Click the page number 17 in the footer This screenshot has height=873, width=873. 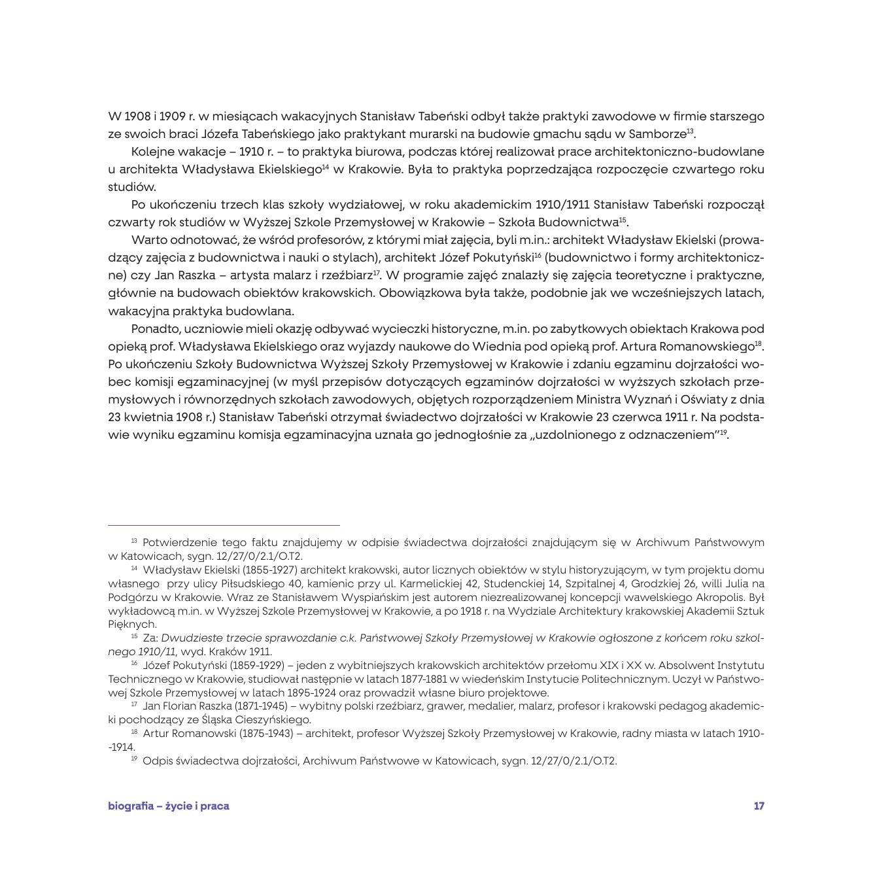point(759,806)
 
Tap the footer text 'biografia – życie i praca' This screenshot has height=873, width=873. point(169,806)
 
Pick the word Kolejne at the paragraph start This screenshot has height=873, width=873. point(152,152)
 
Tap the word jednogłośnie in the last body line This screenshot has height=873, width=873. point(472,434)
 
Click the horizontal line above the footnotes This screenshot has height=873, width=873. point(224,524)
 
